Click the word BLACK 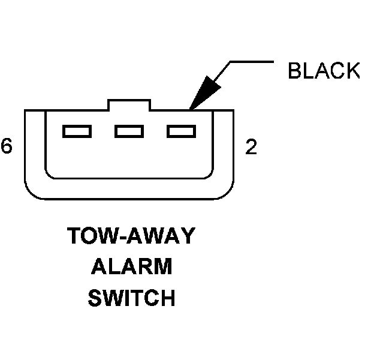pos(324,71)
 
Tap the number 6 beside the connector pos(6,146)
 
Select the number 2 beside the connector pos(251,147)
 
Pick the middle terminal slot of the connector pos(129,130)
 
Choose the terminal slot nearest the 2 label pos(182,130)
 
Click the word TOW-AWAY pos(131,236)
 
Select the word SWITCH pos(132,298)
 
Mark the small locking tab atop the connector pos(129,105)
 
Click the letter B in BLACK pos(295,71)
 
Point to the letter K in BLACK pos(352,71)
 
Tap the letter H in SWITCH pos(166,298)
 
